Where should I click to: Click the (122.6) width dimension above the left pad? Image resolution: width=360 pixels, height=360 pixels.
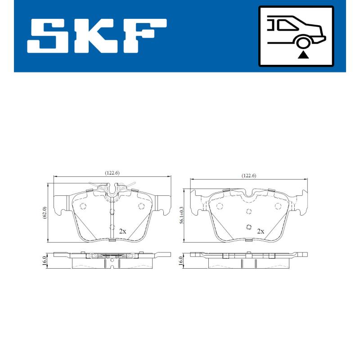click(x=112, y=172)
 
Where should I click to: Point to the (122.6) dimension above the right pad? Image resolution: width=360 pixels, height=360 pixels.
click(x=248, y=175)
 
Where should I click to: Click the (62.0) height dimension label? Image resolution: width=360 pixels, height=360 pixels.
click(x=45, y=212)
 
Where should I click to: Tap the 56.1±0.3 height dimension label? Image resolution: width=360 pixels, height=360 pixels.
click(x=181, y=215)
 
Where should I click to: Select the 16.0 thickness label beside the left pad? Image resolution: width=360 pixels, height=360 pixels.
click(x=45, y=261)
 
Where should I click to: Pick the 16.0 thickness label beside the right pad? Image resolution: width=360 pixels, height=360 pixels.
click(x=181, y=261)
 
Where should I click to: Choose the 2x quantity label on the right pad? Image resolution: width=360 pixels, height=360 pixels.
click(x=260, y=231)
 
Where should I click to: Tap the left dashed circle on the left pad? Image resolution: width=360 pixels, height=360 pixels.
click(x=82, y=206)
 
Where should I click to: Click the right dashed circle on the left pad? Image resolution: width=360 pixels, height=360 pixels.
click(x=141, y=206)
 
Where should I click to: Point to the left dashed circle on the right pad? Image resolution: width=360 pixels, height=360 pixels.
click(x=220, y=206)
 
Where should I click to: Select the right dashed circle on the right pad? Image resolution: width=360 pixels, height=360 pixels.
click(x=278, y=206)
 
